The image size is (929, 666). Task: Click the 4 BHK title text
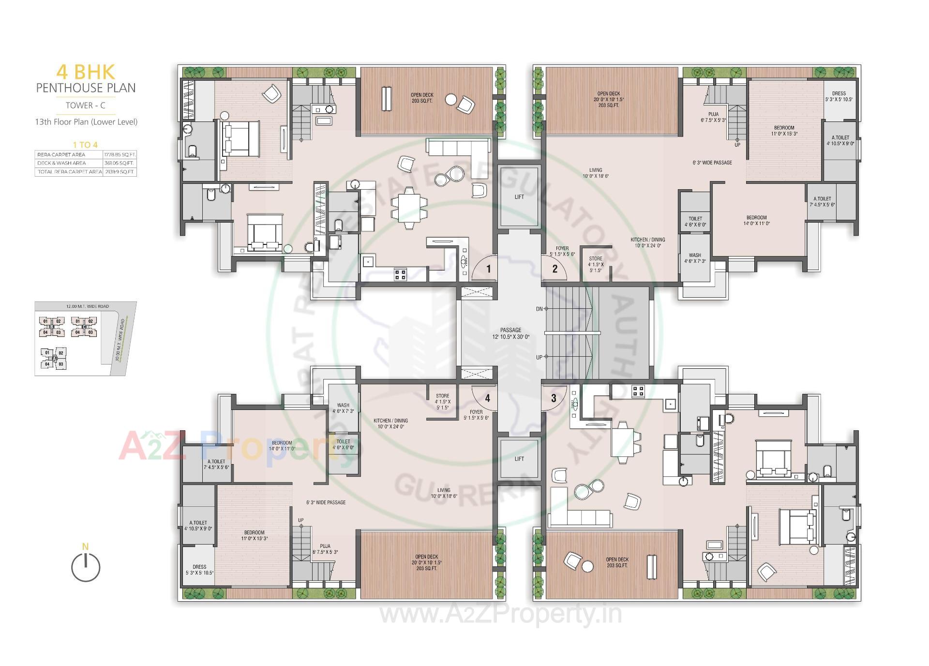[86, 72]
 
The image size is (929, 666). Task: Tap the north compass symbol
[86, 567]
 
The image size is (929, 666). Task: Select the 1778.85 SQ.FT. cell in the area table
[120, 154]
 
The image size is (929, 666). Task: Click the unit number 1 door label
[489, 269]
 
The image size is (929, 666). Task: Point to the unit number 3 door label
[554, 398]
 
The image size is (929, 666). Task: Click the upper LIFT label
[519, 197]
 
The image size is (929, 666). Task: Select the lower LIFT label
[519, 459]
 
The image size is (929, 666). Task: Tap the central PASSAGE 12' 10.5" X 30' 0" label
[511, 333]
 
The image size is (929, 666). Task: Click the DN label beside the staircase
[539, 309]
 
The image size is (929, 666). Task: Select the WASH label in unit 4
[343, 408]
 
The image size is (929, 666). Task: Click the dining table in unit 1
[409, 208]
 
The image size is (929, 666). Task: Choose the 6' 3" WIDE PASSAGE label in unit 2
[712, 163]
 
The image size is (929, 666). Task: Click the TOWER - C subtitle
[86, 105]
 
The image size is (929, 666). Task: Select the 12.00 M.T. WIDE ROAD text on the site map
[88, 306]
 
